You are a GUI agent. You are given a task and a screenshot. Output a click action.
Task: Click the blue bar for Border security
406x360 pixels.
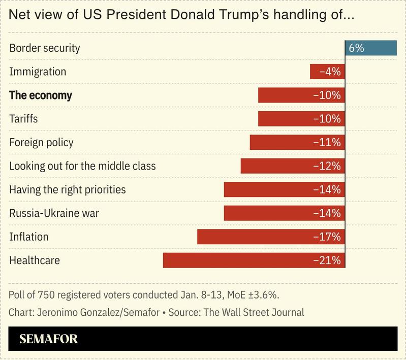pyautogui.click(x=371, y=48)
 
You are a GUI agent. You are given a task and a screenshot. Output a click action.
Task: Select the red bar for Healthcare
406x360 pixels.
pyautogui.click(x=254, y=260)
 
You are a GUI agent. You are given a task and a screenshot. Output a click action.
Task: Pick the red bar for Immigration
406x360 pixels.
pyautogui.click(x=327, y=72)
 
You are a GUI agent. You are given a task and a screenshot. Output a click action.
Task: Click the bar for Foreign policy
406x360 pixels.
pyautogui.click(x=297, y=142)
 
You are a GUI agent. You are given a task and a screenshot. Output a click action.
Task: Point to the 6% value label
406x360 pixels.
pyautogui.click(x=356, y=48)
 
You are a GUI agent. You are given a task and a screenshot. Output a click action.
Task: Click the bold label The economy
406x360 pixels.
pyautogui.click(x=41, y=95)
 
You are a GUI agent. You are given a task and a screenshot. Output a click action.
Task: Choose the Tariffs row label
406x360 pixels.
pyautogui.click(x=23, y=119)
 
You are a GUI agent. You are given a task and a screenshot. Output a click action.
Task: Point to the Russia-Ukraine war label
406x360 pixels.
pyautogui.click(x=54, y=213)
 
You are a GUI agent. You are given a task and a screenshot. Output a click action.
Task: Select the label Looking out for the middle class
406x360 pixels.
pyautogui.click(x=82, y=166)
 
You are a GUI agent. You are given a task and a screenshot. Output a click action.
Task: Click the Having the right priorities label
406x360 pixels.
pyautogui.click(x=68, y=190)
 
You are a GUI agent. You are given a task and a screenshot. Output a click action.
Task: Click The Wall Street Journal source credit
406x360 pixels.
pyautogui.click(x=254, y=312)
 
